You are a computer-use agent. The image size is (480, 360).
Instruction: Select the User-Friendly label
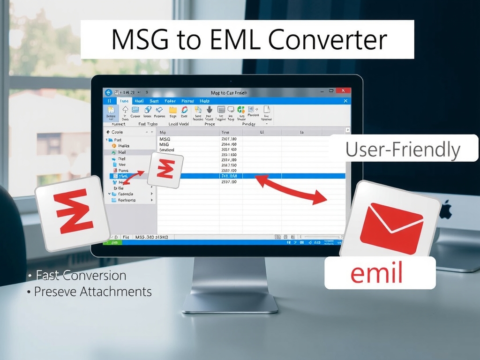pyautogui.click(x=403, y=150)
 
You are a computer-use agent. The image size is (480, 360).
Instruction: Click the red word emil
pyautogui.click(x=377, y=274)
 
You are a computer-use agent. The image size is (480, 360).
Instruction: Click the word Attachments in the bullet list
pyautogui.click(x=116, y=292)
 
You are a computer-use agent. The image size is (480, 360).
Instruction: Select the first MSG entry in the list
pyautogui.click(x=165, y=139)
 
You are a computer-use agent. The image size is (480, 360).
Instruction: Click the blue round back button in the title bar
pyautogui.click(x=108, y=93)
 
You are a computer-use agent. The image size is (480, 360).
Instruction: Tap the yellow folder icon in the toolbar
pyautogui.click(x=173, y=110)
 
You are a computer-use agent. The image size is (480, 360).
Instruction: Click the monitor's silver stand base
pyautogui.click(x=230, y=303)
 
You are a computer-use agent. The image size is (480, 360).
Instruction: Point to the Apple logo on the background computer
pyautogui.click(x=445, y=210)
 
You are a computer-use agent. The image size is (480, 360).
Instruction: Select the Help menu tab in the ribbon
pyautogui.click(x=204, y=101)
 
